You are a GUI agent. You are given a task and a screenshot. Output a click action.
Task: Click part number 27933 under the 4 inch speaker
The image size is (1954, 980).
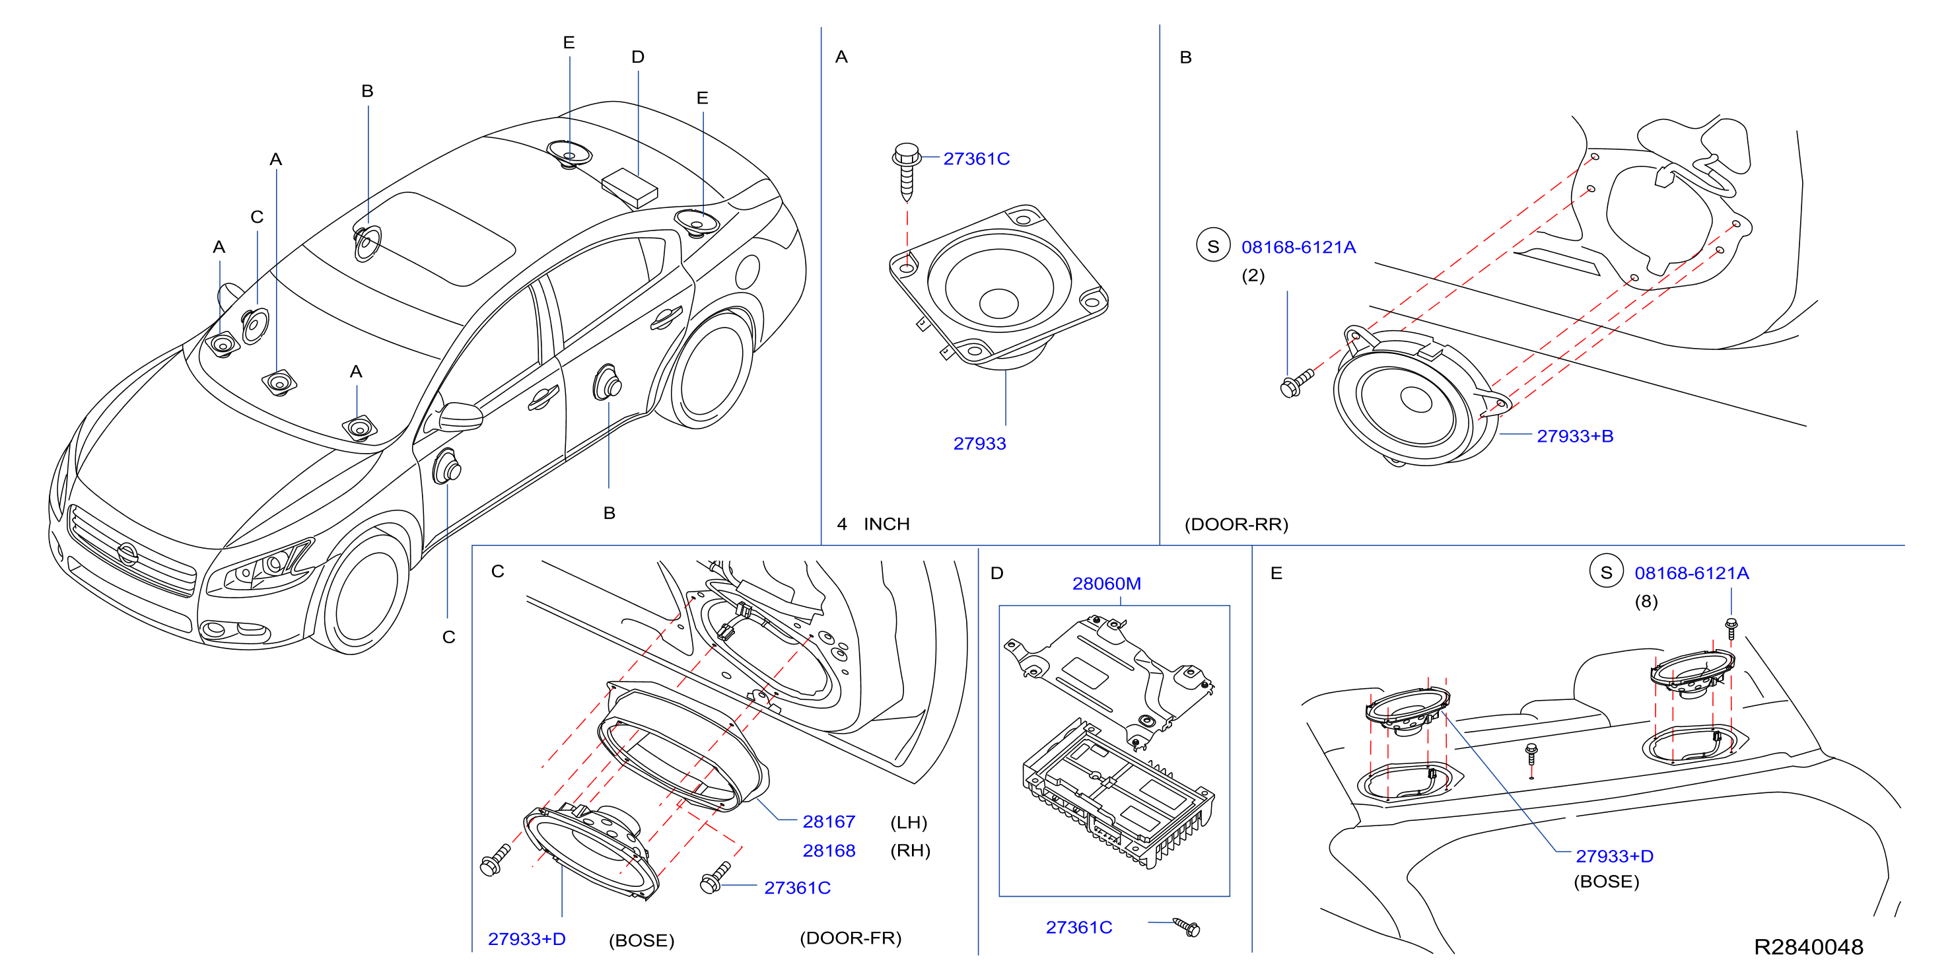[979, 444]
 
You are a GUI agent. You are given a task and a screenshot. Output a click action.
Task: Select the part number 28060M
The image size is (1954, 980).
[1106, 583]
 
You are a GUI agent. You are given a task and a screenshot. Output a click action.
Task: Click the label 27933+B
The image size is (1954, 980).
[1575, 436]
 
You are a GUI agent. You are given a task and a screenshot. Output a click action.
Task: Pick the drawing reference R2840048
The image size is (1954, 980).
[1808, 946]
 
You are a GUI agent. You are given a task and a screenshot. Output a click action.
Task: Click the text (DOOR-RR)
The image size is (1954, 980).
[1236, 524]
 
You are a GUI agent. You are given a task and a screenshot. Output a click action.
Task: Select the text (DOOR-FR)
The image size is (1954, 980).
[851, 938]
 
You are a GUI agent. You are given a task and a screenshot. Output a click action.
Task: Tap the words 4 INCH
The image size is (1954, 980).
[873, 524]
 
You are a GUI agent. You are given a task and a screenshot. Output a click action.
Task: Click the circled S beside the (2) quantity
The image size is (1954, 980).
[1213, 246]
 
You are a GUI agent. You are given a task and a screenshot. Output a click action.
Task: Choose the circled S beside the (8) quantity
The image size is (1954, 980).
[1606, 572]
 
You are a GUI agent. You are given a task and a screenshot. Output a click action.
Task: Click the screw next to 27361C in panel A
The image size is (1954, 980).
[907, 170]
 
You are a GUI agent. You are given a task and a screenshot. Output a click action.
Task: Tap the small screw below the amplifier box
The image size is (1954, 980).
[1187, 927]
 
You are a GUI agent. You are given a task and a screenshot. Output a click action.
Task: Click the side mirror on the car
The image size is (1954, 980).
[458, 415]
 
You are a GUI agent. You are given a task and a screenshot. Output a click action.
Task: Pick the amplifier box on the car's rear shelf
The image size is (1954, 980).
[629, 188]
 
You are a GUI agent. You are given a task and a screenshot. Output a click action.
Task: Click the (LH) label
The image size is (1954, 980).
[909, 822]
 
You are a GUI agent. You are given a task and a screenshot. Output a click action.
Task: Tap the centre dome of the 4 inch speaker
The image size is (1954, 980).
[998, 302]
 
